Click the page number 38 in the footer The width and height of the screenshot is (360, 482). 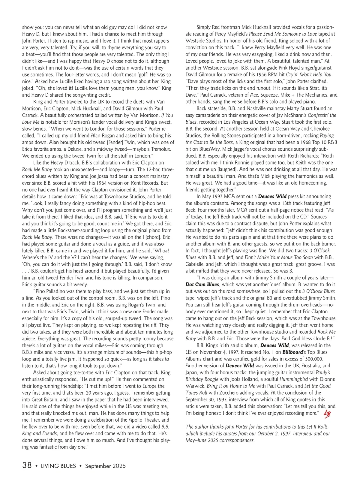coord(27,465)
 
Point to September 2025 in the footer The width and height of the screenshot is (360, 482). coord(105,466)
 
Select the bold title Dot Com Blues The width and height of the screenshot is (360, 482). coord(202,285)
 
